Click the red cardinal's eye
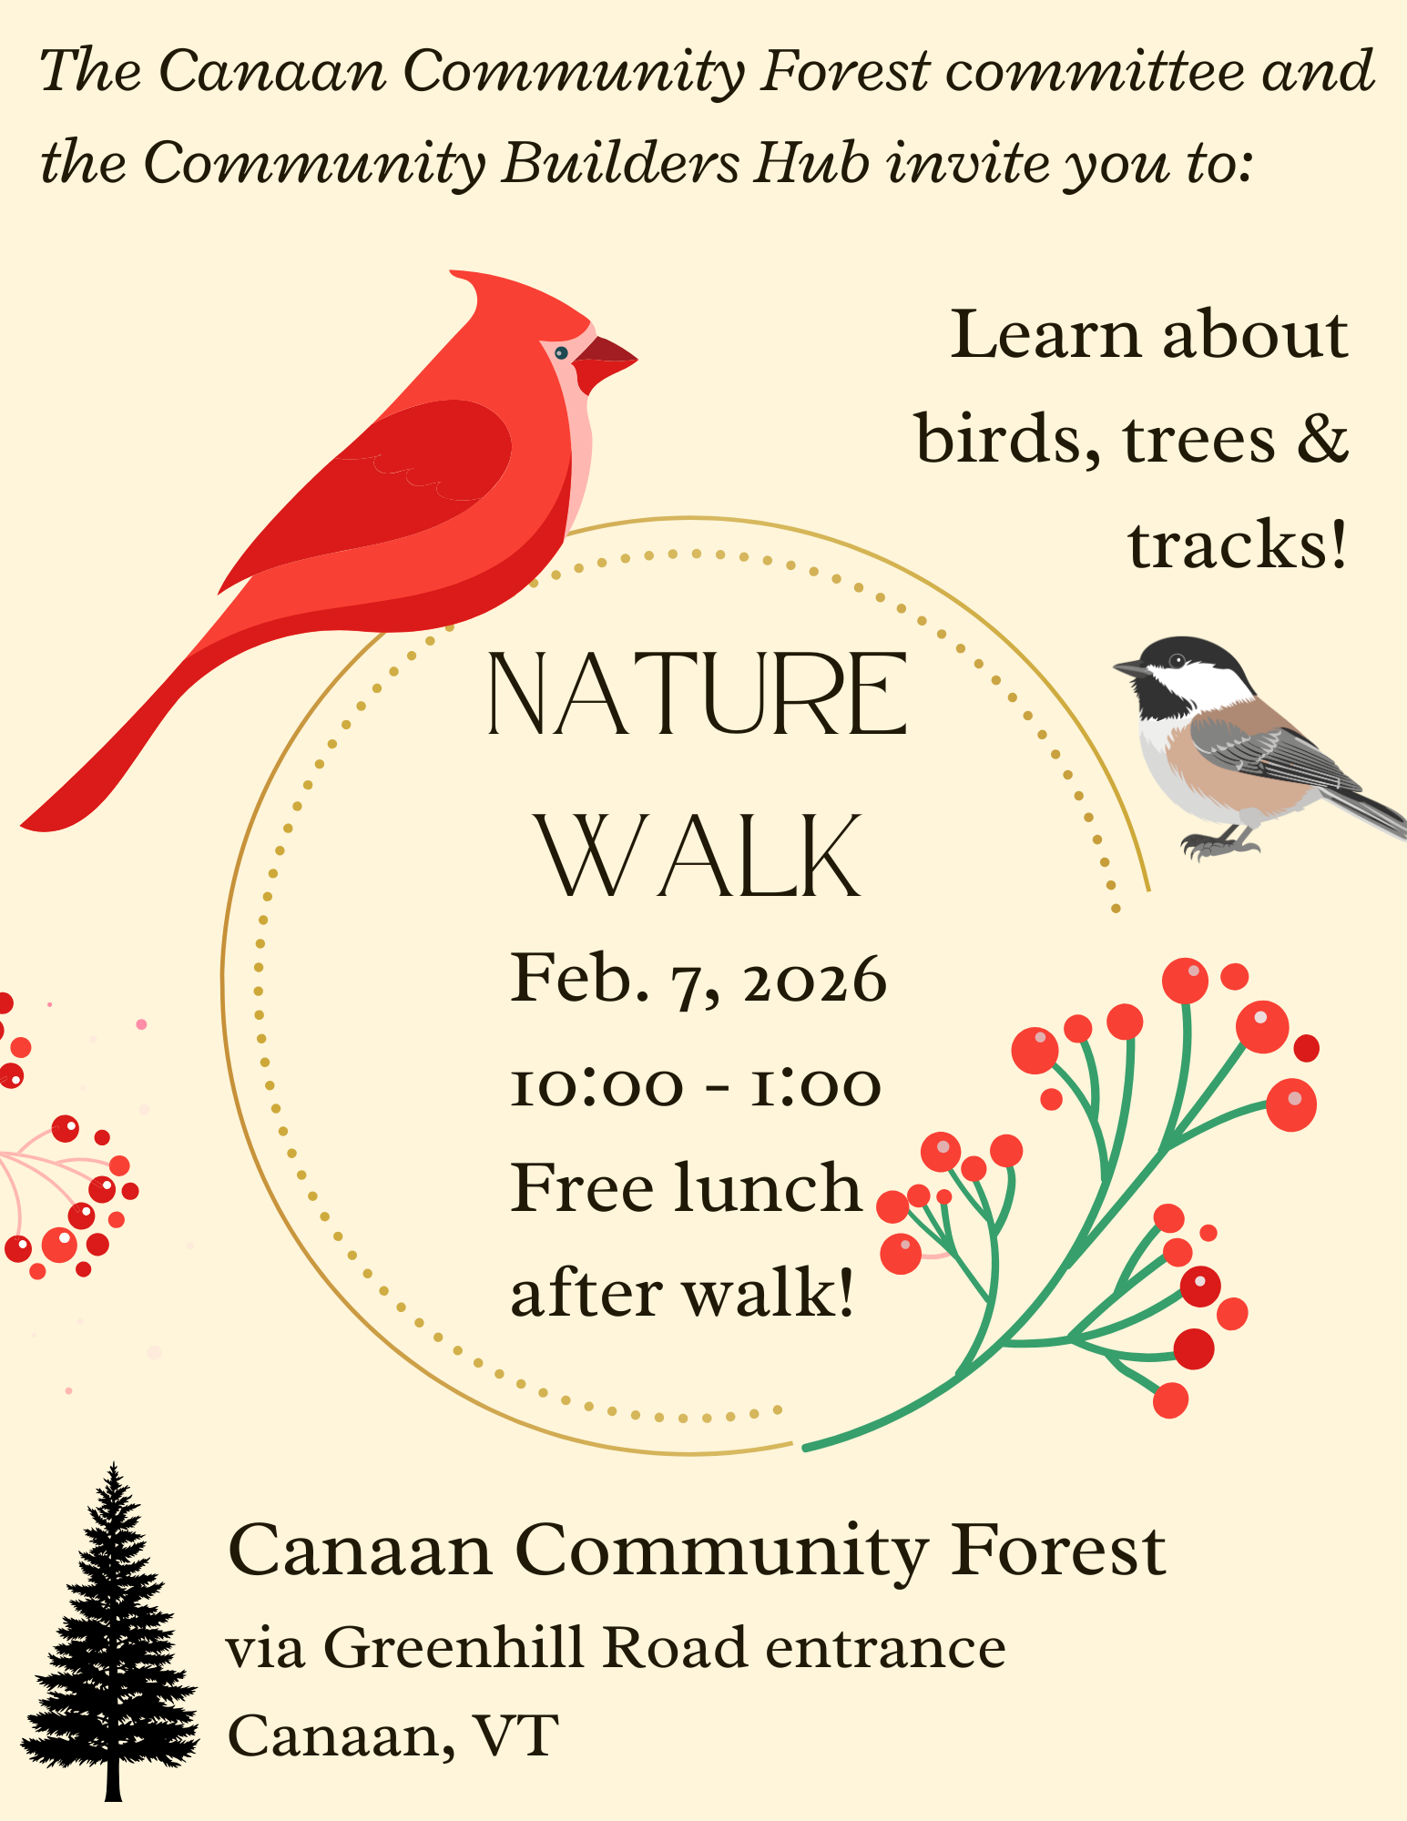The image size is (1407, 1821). tap(561, 352)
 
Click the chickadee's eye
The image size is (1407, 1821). tap(1177, 660)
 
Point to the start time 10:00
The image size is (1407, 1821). tap(596, 1086)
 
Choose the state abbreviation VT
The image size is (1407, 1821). tap(515, 1735)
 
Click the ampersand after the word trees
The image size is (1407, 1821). tap(1321, 438)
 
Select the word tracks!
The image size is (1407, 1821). tap(1237, 544)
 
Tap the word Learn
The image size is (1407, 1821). tap(1045, 334)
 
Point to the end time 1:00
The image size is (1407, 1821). tap(815, 1086)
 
